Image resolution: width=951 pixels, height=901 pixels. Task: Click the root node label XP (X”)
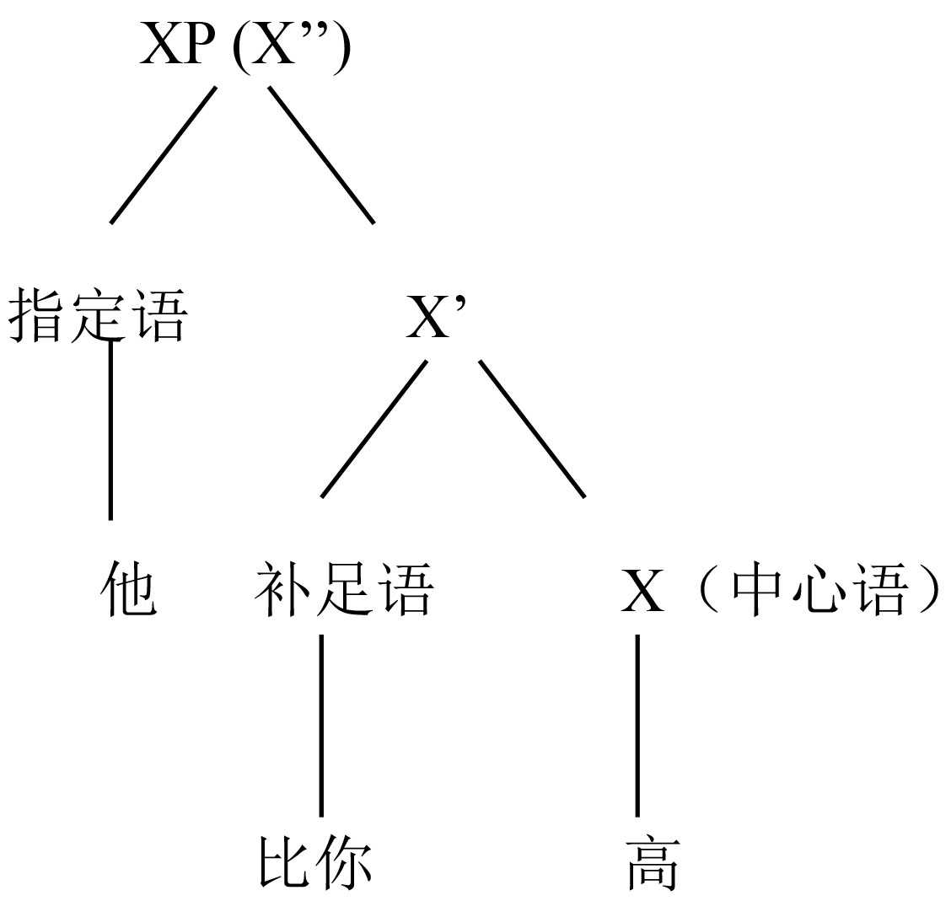(x=244, y=46)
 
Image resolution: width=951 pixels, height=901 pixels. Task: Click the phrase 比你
(x=315, y=862)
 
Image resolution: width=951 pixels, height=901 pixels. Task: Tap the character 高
(x=653, y=862)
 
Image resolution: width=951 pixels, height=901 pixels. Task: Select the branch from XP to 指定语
(x=163, y=155)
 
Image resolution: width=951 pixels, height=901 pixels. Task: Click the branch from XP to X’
(x=321, y=155)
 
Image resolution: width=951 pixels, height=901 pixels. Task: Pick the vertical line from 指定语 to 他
(x=110, y=430)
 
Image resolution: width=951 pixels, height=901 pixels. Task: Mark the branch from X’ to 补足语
(x=373, y=429)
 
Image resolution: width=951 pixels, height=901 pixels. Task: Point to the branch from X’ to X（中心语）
(x=532, y=429)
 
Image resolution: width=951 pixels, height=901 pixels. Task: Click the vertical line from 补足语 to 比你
(x=321, y=725)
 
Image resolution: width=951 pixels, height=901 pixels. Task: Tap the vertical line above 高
(x=637, y=725)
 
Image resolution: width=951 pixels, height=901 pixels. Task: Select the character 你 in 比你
(x=344, y=862)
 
